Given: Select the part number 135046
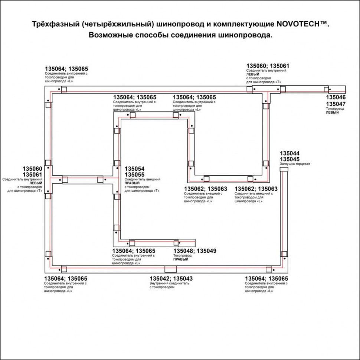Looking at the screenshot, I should point(336,98).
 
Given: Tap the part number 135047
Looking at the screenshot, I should point(336,104).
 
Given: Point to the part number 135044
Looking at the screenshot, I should point(289,153).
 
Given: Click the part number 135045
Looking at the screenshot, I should point(289,159).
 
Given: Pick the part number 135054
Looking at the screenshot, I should point(134,169).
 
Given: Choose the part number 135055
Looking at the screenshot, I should point(134,175).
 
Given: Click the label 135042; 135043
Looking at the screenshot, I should point(171,279).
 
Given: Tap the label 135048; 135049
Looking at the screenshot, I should point(195,251).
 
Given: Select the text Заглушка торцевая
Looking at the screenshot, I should point(295,164).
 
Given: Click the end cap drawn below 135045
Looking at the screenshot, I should point(284,169).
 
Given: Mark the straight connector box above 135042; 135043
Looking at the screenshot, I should point(171,269).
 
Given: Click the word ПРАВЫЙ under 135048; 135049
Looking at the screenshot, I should point(181,259).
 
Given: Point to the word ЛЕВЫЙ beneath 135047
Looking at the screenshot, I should point(332,112).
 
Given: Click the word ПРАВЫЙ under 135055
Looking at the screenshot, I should point(132,183).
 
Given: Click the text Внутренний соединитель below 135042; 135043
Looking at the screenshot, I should point(169,283).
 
